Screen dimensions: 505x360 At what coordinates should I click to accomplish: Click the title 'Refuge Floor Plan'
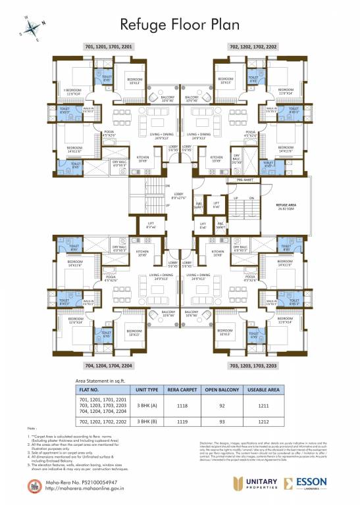pos(180,24)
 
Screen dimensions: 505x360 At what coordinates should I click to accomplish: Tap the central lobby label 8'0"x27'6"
pos(179,196)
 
